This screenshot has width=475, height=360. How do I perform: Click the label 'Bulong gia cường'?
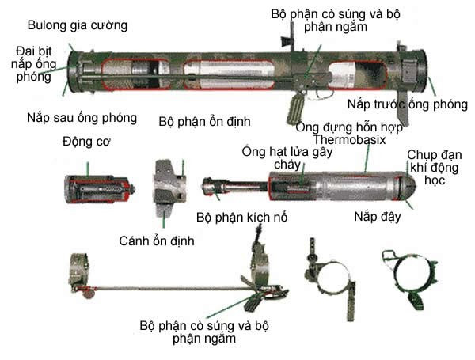(x=77, y=25)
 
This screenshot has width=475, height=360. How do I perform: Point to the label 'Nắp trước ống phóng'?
(x=401, y=104)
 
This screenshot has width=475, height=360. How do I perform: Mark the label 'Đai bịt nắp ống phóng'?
(x=33, y=63)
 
